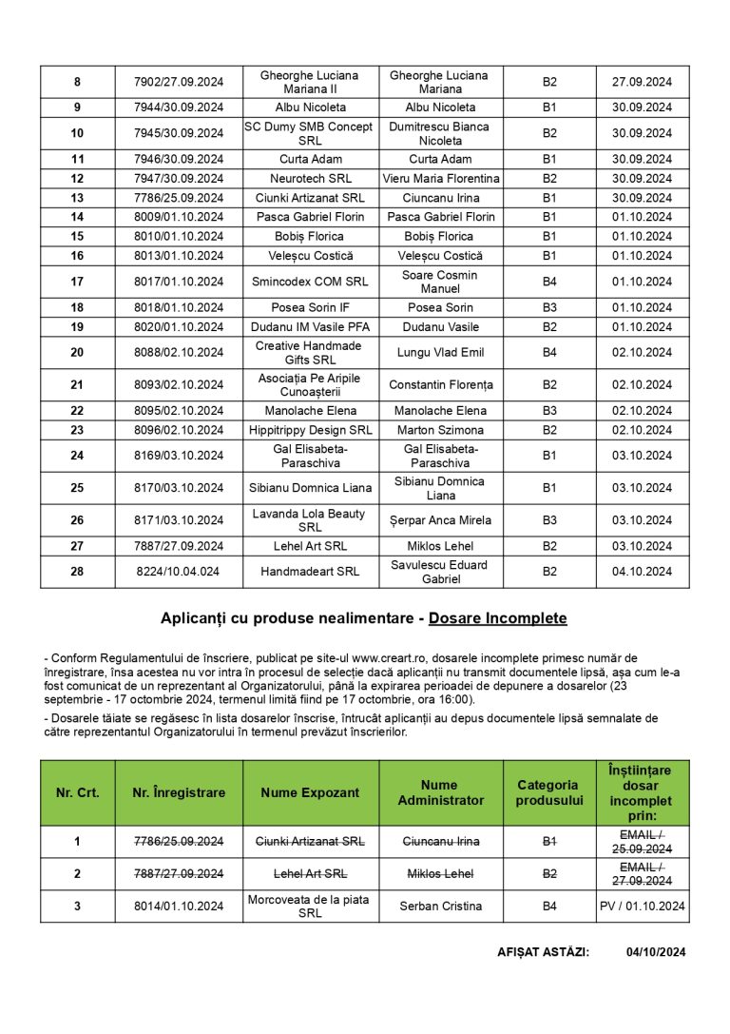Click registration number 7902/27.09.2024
pos(179,82)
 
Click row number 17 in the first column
pos(77,282)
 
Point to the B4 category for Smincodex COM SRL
pos(549,282)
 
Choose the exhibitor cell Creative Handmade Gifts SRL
pos(310,353)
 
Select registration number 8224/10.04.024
pos(179,572)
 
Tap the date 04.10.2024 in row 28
pos(642,572)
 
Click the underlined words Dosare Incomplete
pos(497,618)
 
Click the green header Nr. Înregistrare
pos(179,792)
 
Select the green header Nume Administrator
pos(440,792)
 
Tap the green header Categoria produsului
pos(549,792)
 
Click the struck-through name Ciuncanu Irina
pos(441,842)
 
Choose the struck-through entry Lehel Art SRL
pos(310,874)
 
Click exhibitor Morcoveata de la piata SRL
pos(310,907)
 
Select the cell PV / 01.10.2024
pos(642,907)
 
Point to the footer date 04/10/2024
pos(656,952)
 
